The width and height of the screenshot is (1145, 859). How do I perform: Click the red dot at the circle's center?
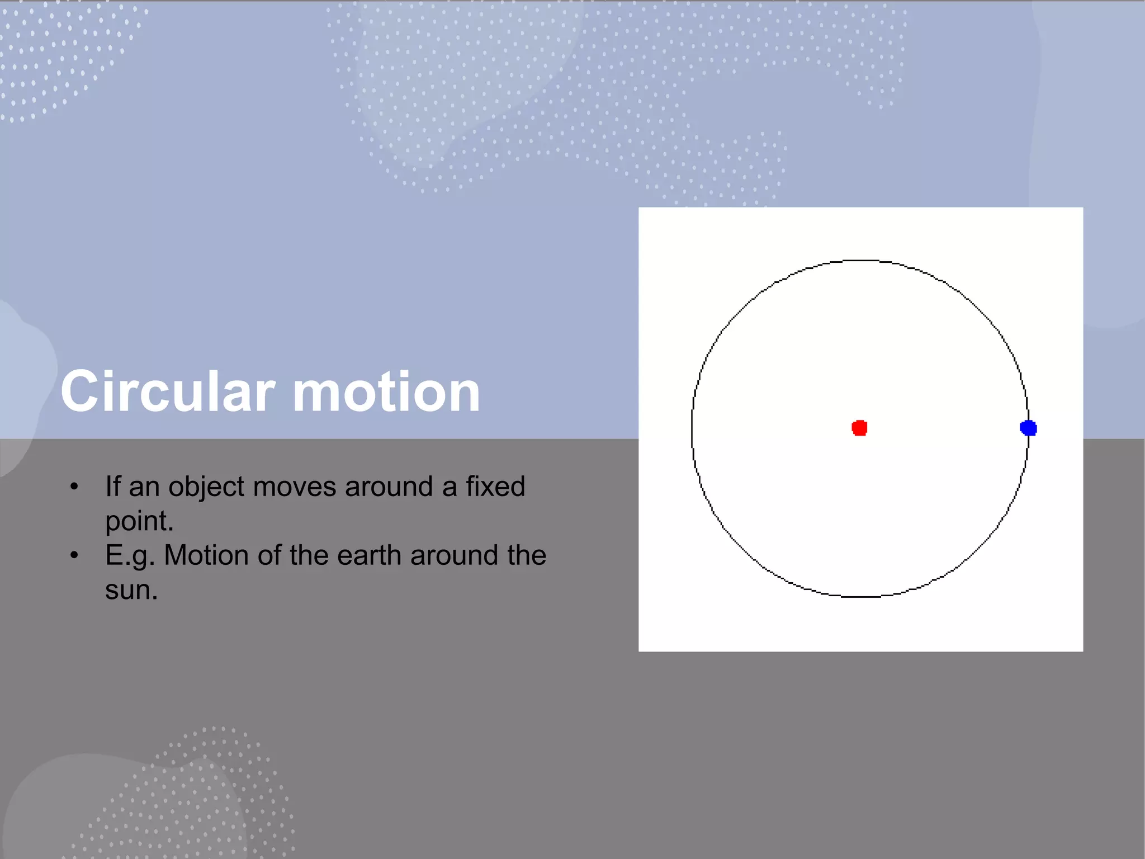click(x=859, y=428)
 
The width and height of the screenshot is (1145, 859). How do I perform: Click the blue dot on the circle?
click(x=1028, y=428)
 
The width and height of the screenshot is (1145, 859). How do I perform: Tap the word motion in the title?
click(x=386, y=392)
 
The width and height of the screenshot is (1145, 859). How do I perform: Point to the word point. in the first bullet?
click(x=139, y=522)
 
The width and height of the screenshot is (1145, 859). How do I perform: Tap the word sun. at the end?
click(x=131, y=590)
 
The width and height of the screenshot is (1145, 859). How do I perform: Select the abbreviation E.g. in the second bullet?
click(x=130, y=556)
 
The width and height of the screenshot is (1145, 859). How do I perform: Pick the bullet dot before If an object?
click(x=74, y=487)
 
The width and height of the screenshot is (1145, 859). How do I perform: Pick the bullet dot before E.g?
click(x=74, y=555)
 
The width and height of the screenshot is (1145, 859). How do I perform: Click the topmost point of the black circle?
click(x=860, y=260)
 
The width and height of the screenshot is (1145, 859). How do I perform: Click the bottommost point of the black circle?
click(x=860, y=597)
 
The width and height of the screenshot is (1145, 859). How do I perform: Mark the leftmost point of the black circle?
click(x=692, y=428)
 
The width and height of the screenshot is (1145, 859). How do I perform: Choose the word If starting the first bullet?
click(x=112, y=486)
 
